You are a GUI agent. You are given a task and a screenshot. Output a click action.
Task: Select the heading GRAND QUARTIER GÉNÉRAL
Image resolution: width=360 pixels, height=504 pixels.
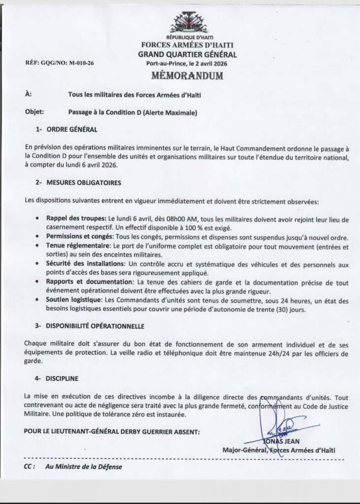coord(187,55)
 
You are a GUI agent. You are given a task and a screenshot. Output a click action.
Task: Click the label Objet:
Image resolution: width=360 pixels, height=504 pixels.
coord(34,112)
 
